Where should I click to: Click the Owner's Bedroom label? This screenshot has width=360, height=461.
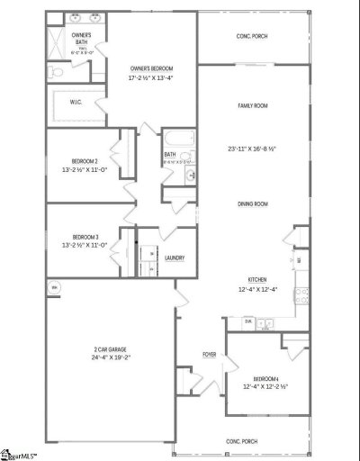tap(151, 68)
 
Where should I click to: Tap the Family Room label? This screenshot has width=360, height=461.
tap(252, 105)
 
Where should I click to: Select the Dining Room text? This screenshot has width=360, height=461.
tap(253, 204)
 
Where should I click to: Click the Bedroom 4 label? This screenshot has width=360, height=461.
tap(265, 379)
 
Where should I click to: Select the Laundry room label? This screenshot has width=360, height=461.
tap(175, 258)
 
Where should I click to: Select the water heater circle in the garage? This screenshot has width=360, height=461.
tap(54, 288)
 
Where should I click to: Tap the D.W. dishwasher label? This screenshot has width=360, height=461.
tap(247, 321)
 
